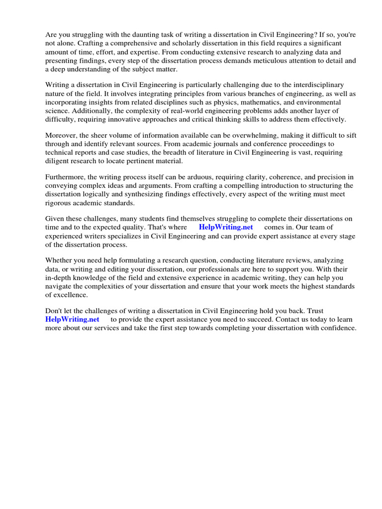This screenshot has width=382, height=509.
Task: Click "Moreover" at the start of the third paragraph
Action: (x=61, y=136)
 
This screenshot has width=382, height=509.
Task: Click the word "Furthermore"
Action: (x=65, y=177)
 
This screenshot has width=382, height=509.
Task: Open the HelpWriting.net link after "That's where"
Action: (x=226, y=227)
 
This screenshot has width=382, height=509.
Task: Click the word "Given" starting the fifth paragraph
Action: (x=55, y=219)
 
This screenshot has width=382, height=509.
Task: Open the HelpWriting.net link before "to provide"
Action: (x=72, y=319)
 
